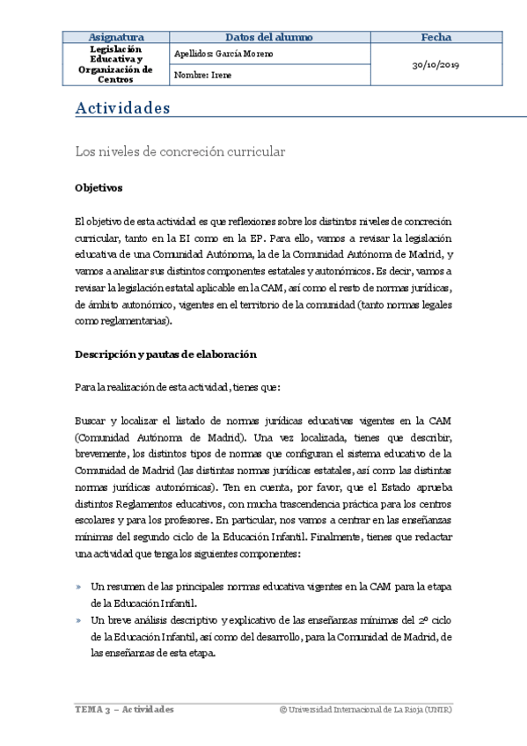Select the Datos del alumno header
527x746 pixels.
coord(269,37)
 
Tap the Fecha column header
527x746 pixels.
coord(436,37)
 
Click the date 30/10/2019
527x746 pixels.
coord(436,65)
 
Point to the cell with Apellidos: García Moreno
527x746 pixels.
coord(224,54)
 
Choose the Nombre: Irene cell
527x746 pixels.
coord(205,76)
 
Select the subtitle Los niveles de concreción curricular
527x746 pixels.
coord(180,152)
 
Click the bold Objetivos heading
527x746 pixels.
coord(99,188)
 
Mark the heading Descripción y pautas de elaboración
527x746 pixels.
coord(165,355)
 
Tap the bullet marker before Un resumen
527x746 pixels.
coord(79,587)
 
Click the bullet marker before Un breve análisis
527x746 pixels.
coord(79,620)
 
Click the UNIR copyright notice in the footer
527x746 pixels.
coord(364,710)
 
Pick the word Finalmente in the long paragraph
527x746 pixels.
coord(377,537)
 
